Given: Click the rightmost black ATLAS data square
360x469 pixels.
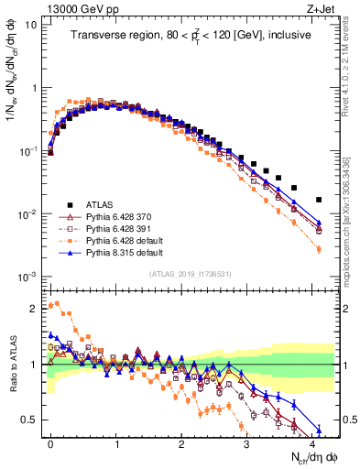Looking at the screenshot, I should [x=319, y=200].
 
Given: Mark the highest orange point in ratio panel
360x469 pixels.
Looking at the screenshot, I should [x=58, y=303].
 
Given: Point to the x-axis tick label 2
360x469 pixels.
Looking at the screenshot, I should [x=182, y=441].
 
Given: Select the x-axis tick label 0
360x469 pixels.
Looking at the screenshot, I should [x=51, y=441].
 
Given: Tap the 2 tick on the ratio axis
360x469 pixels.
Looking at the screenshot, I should [x=38, y=308].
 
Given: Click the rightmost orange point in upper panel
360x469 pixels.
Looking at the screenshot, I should [x=319, y=249].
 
